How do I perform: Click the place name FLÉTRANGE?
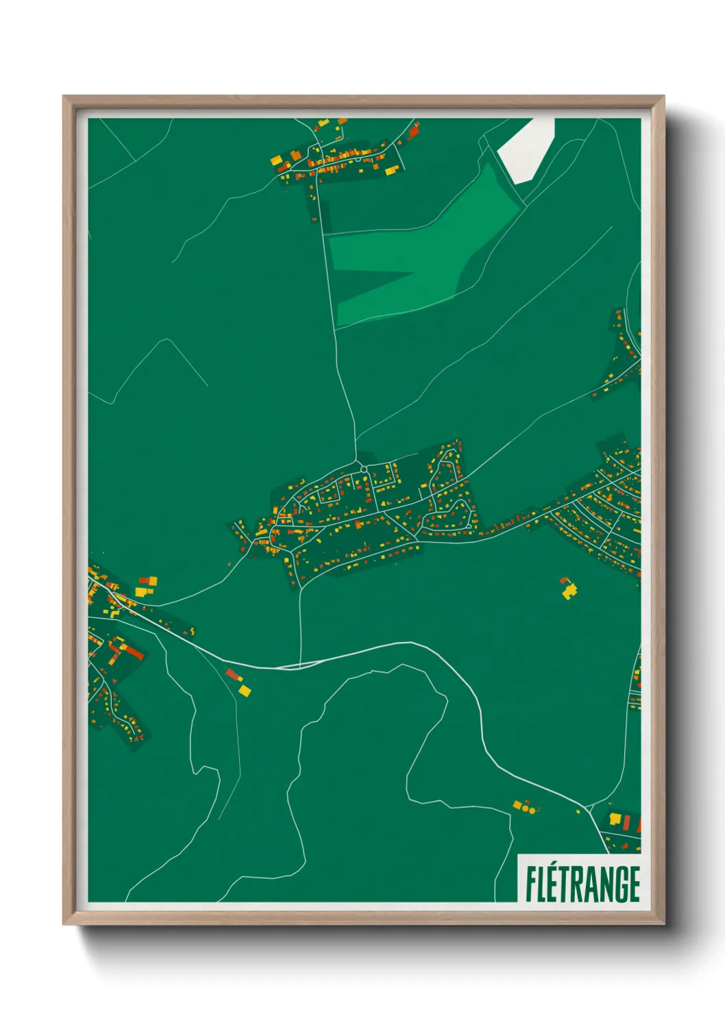coord(582,885)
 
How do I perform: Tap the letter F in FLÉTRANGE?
coord(531,885)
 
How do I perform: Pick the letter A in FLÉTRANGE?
coord(589,885)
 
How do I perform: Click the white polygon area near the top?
coord(526,149)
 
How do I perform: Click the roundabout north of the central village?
coord(364,469)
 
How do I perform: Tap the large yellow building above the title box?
coord(615,818)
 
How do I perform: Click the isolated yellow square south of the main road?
coord(245,690)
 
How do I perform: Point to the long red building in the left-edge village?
coord(133,652)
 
